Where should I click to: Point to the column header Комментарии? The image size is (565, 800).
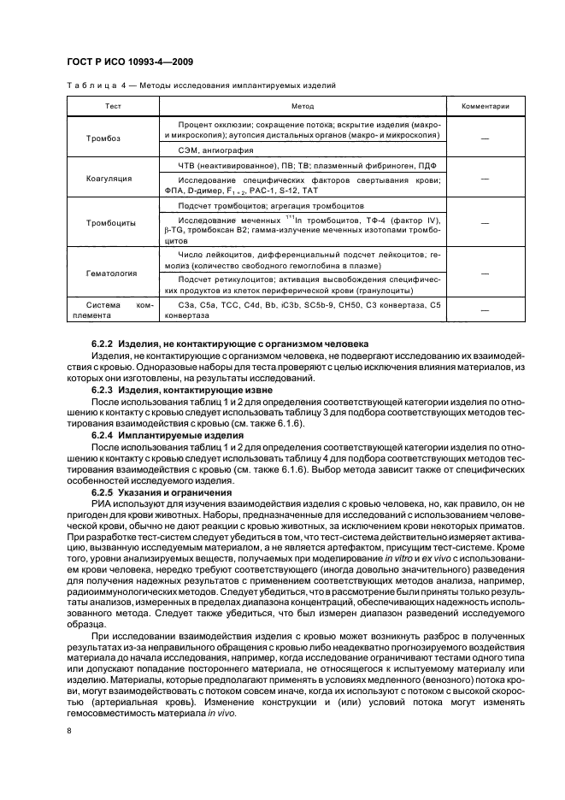tap(486, 107)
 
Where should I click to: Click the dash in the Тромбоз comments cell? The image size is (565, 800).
tap(486, 138)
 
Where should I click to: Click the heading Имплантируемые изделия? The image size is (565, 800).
tap(168, 434)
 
